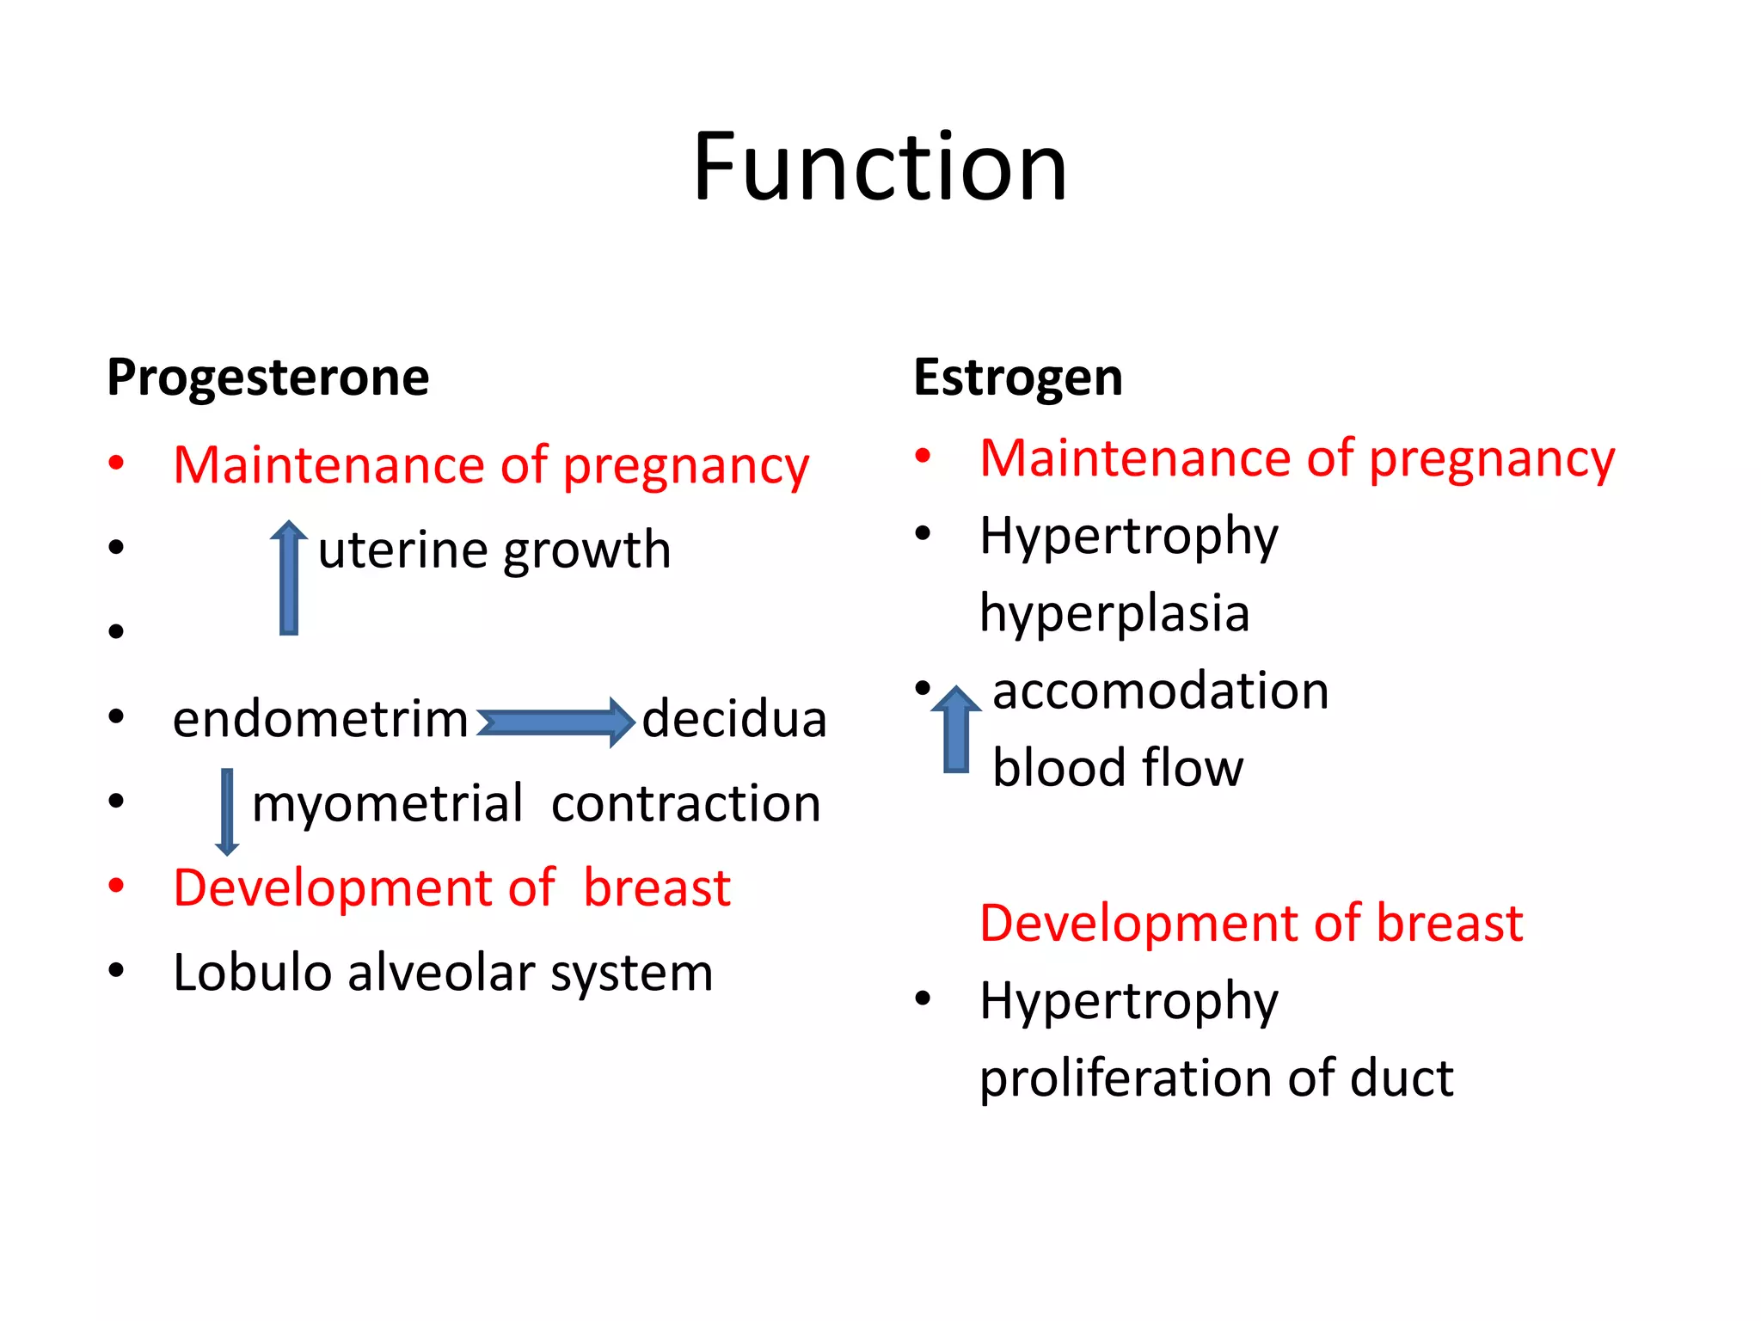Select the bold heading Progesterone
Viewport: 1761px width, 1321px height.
267,378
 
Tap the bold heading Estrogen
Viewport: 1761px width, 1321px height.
1017,378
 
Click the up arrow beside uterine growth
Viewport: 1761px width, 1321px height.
289,578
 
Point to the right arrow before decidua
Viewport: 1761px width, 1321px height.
555,722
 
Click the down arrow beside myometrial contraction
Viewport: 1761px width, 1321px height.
227,812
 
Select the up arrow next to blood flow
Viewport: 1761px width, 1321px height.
956,729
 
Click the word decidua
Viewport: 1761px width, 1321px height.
733,719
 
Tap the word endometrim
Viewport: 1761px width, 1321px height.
320,719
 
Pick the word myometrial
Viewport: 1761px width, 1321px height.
387,804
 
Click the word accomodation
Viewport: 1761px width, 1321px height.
1160,691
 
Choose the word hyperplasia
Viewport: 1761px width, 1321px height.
1114,613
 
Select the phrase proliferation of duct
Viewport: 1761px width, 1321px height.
1216,1078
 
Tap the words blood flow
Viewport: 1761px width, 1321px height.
1117,767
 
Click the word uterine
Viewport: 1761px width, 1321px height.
403,550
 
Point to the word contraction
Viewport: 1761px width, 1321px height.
685,804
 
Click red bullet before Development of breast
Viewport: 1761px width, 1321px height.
117,885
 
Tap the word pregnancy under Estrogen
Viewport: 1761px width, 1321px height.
1491,459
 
